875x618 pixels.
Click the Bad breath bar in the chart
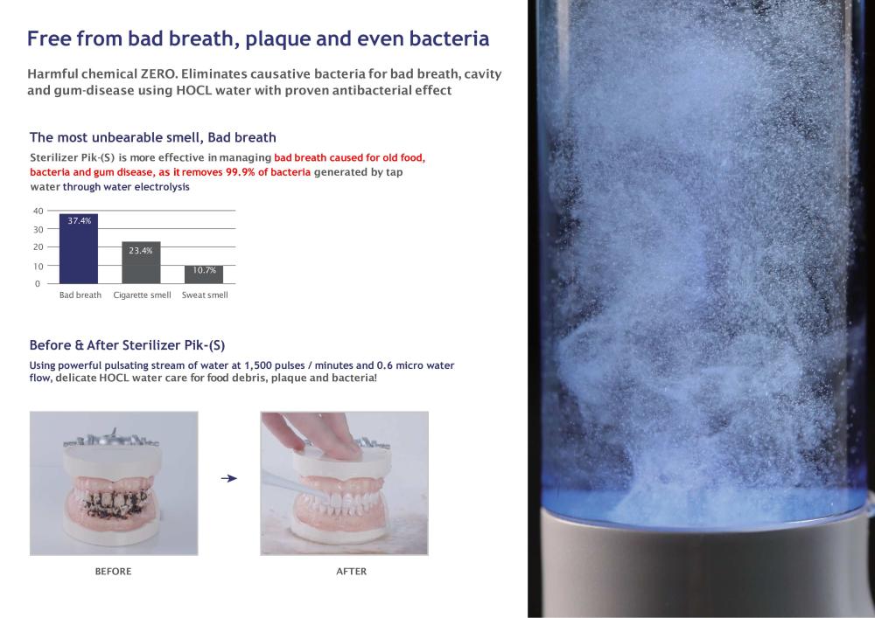pyautogui.click(x=79, y=248)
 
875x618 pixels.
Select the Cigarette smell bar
pyautogui.click(x=141, y=262)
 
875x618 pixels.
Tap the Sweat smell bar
pyautogui.click(x=204, y=274)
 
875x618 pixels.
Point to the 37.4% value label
pyautogui.click(x=80, y=220)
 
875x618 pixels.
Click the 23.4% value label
pyautogui.click(x=141, y=251)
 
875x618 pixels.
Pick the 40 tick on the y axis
pyautogui.click(x=38, y=211)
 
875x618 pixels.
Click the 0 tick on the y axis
pyautogui.click(x=38, y=283)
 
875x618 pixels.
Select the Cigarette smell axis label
pyautogui.click(x=143, y=295)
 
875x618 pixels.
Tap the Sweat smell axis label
pyautogui.click(x=205, y=295)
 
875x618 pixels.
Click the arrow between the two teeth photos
pyautogui.click(x=228, y=478)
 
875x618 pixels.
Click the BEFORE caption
pyautogui.click(x=113, y=571)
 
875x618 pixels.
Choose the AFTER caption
pyautogui.click(x=352, y=571)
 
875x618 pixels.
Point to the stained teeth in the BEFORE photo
pyautogui.click(x=112, y=503)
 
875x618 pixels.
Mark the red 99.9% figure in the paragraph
pyautogui.click(x=240, y=172)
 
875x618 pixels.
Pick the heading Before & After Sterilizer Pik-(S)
pyautogui.click(x=127, y=345)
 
